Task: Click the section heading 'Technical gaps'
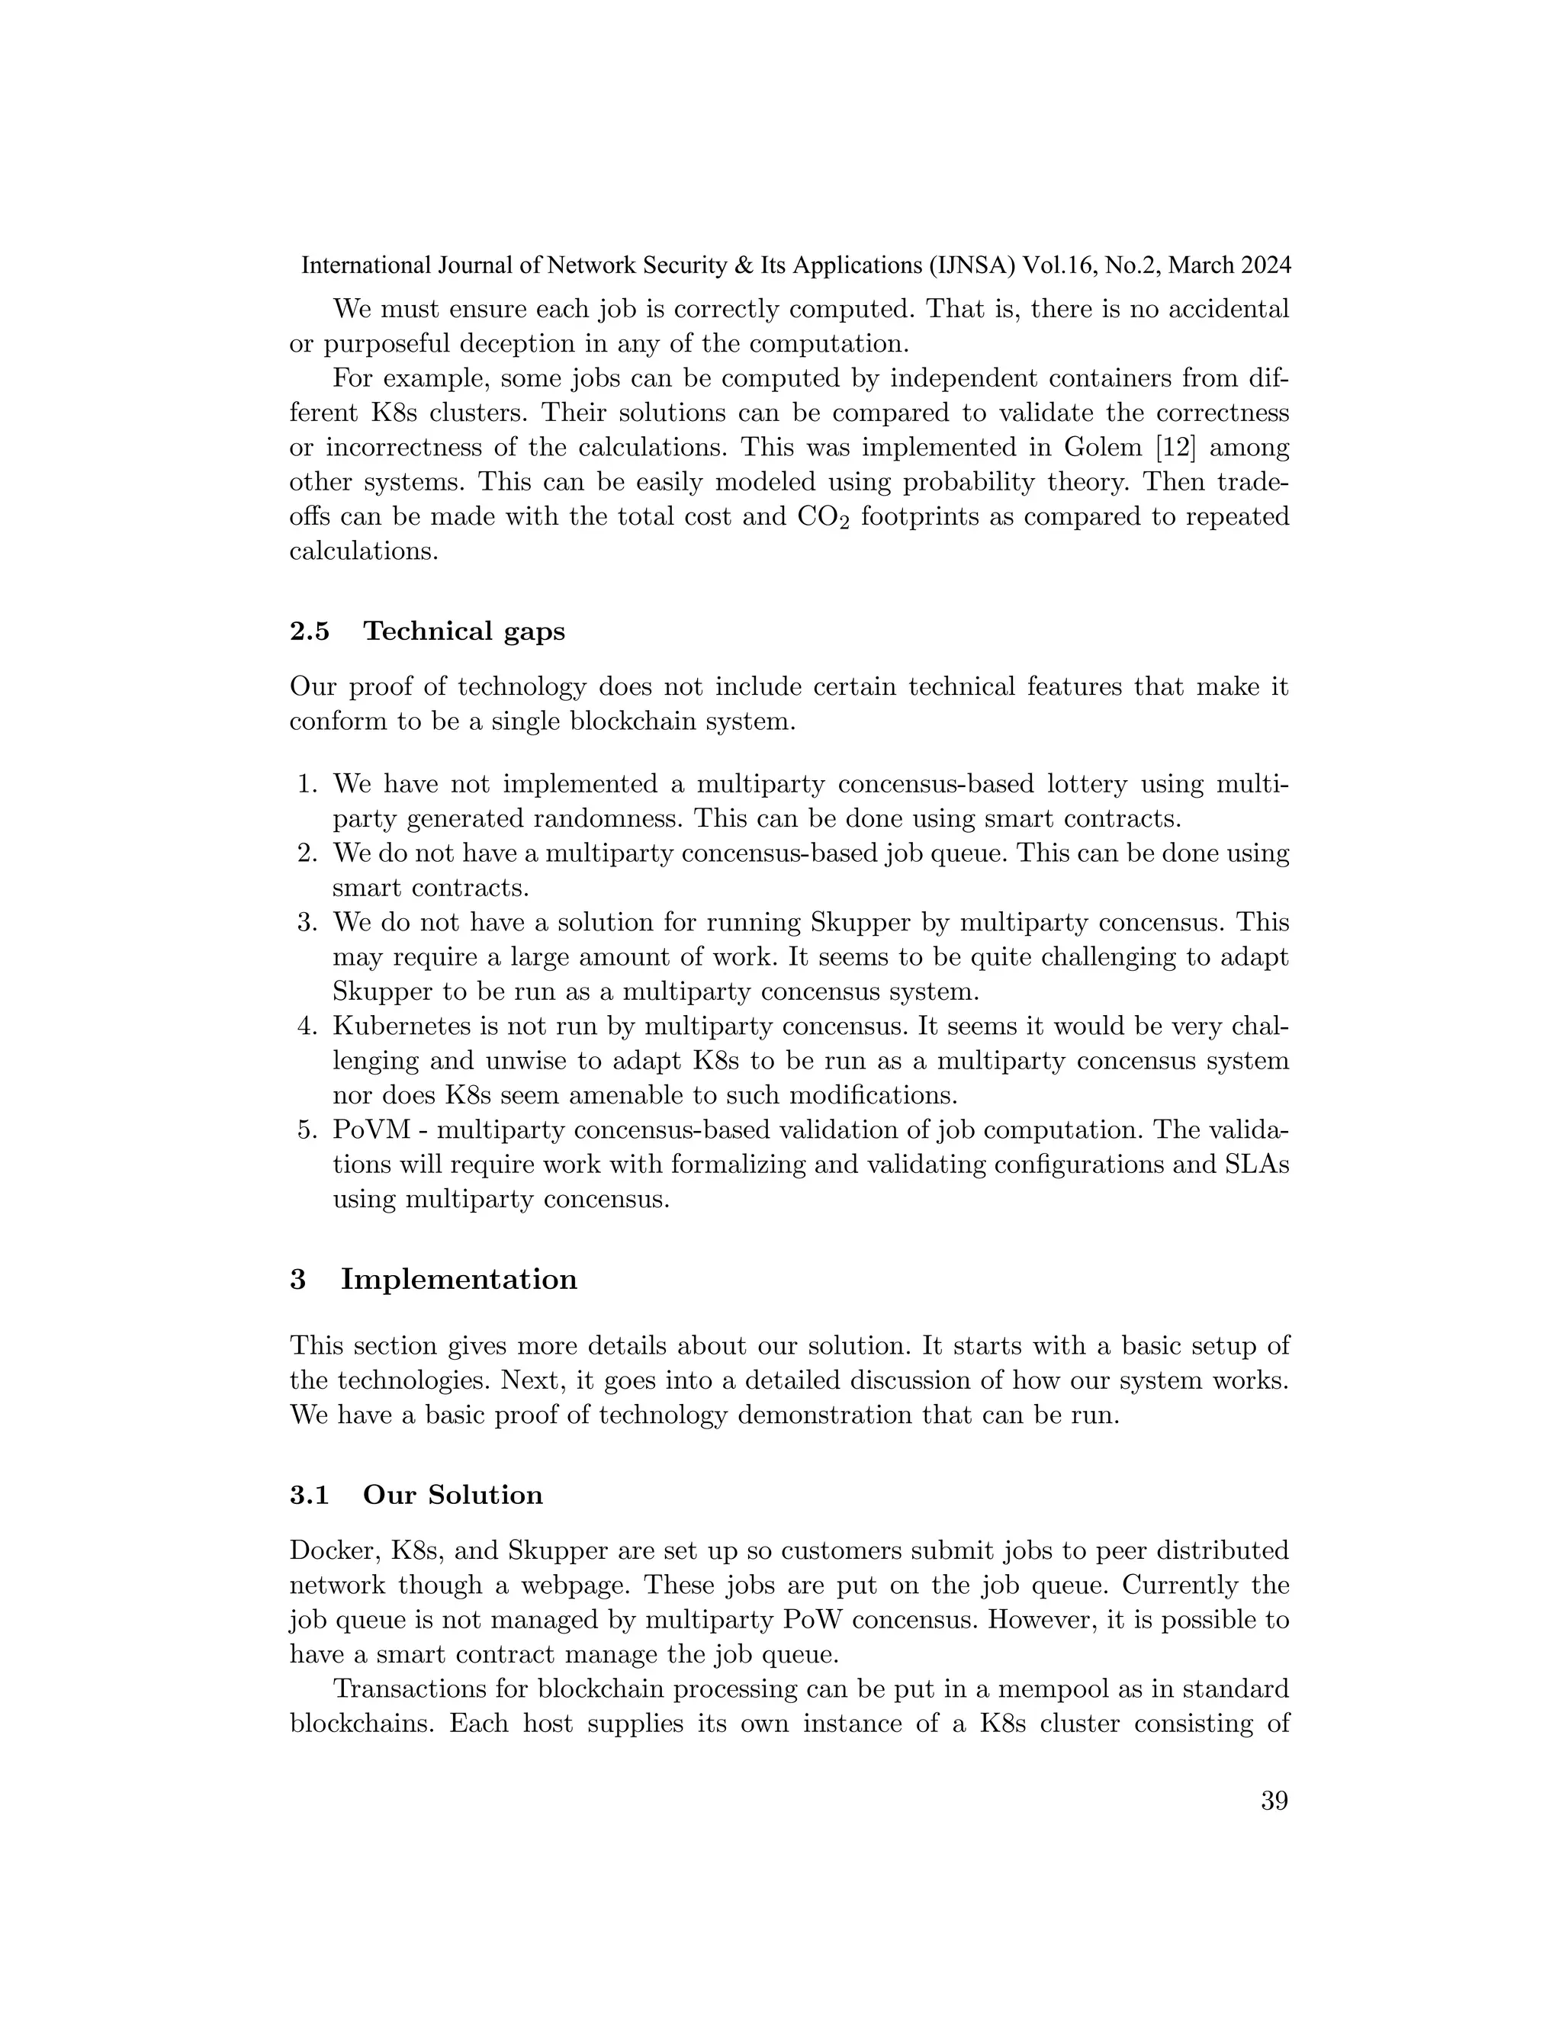pyautogui.click(x=464, y=631)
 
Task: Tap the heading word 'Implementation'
pyautogui.click(x=458, y=1279)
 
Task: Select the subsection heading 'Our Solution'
pyautogui.click(x=452, y=1496)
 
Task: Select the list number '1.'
pyautogui.click(x=307, y=785)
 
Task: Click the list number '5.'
pyautogui.click(x=307, y=1130)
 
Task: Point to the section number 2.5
pyautogui.click(x=309, y=631)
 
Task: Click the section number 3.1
pyautogui.click(x=309, y=1496)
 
